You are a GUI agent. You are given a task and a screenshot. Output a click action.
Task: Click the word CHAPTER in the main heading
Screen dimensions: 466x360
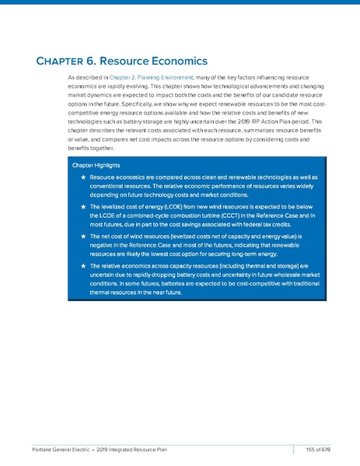pyautogui.click(x=64, y=61)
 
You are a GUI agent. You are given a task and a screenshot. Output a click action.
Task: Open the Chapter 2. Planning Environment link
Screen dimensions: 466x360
pyautogui.click(x=151, y=79)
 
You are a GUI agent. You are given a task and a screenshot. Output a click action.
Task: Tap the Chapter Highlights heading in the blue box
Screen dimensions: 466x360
pyautogui.click(x=97, y=166)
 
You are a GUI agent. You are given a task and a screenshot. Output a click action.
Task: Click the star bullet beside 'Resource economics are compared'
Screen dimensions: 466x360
pyautogui.click(x=82, y=178)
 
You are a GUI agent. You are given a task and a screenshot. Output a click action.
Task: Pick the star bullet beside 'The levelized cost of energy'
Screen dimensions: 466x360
pyautogui.click(x=82, y=206)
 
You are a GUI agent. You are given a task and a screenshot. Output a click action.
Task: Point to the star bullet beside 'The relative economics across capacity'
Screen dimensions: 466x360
pyautogui.click(x=82, y=265)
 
